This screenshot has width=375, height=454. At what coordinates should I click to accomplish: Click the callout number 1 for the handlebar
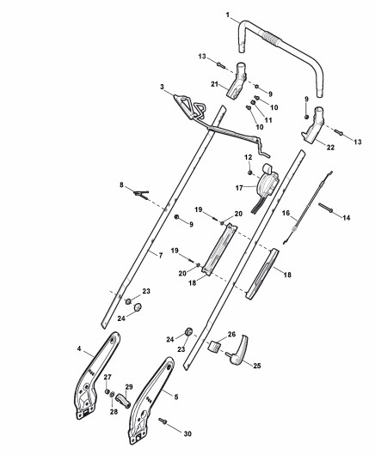point(228,15)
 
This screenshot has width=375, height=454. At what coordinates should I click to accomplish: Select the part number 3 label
point(162,87)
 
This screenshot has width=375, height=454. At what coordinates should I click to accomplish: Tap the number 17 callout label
point(239,188)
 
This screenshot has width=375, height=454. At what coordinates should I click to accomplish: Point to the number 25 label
point(257,366)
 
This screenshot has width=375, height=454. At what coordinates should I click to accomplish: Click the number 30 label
point(187,433)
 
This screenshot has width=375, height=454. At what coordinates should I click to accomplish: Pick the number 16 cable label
point(286,213)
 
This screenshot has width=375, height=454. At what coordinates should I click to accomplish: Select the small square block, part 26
point(214,346)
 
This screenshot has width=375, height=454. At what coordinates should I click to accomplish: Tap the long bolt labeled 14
point(326,208)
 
